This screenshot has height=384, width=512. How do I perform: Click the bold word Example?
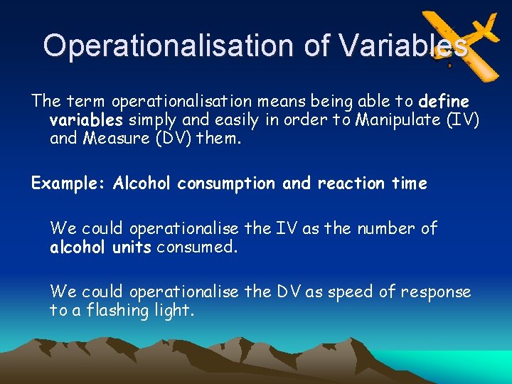point(68,183)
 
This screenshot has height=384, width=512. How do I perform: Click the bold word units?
point(132,247)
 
